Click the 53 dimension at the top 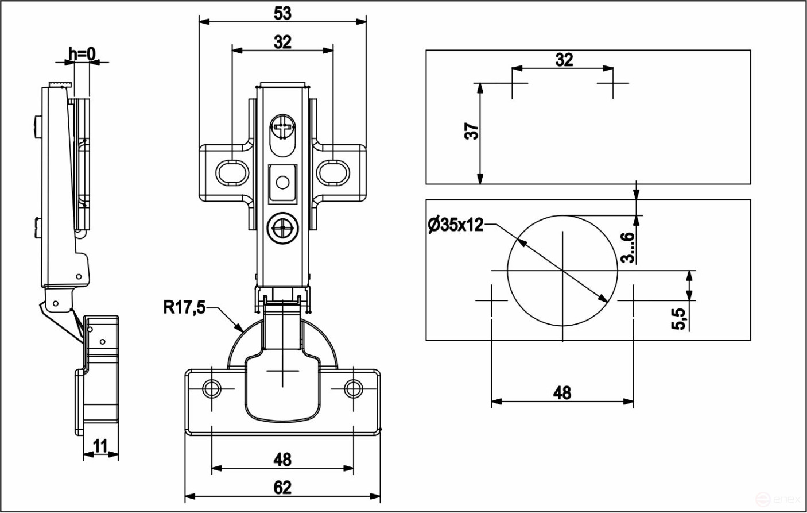click(282, 13)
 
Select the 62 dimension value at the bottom click(282, 488)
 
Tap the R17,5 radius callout click(184, 308)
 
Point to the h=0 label click(82, 54)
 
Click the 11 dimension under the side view click(100, 446)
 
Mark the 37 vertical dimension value click(471, 132)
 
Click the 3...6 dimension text click(627, 248)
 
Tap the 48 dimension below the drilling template click(562, 392)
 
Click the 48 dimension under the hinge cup click(282, 460)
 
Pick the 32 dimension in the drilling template click(564, 60)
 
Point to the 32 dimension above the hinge click(282, 42)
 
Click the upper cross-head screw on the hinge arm click(282, 128)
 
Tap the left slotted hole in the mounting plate click(232, 172)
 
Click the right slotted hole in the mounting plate click(333, 172)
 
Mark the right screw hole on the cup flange click(353, 389)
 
